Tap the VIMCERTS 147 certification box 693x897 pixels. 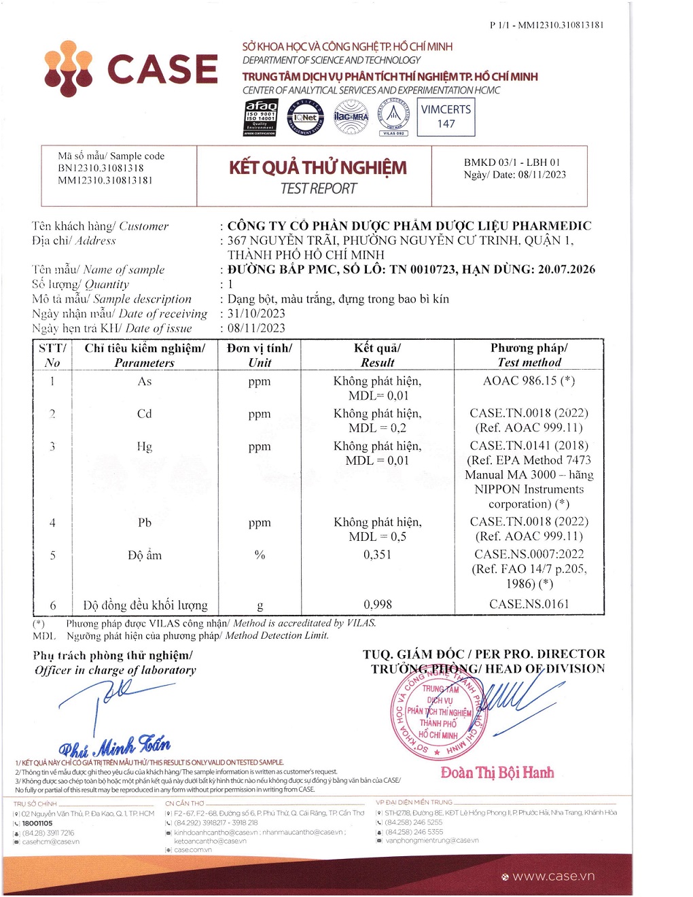(x=446, y=117)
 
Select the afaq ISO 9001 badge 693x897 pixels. (x=261, y=118)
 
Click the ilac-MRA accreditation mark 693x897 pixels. (x=351, y=117)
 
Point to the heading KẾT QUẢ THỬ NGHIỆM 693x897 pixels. (x=318, y=168)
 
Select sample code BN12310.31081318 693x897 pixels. (x=101, y=168)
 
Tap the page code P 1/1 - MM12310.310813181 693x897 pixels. (x=546, y=25)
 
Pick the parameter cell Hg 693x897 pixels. (x=144, y=446)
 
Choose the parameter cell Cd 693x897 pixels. (x=144, y=414)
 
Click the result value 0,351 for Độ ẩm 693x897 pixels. (x=377, y=555)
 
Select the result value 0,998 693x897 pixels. (x=377, y=604)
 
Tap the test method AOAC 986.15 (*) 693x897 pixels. (x=529, y=381)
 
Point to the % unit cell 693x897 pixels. (x=260, y=555)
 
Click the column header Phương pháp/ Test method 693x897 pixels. (x=529, y=355)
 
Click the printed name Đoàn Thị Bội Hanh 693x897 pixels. (x=497, y=773)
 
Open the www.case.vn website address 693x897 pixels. (x=553, y=876)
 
